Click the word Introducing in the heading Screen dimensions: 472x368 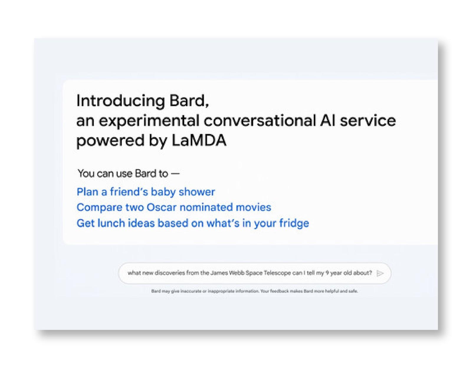121,101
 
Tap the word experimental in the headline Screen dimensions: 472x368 149,121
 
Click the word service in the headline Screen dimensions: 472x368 368,121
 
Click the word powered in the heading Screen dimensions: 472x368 110,141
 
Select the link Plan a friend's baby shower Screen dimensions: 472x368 146,192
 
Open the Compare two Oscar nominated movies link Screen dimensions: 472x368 174,207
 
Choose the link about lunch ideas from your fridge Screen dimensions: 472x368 193,223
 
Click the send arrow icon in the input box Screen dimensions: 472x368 380,273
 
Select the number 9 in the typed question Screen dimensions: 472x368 327,273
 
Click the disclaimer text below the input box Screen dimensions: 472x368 255,291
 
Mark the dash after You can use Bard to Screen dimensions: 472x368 175,174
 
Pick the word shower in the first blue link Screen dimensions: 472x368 197,192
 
